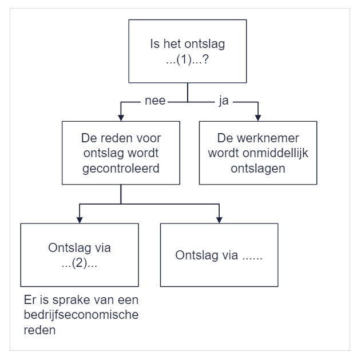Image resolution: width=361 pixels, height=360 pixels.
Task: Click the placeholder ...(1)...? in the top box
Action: point(188,59)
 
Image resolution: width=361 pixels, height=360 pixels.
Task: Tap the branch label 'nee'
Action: point(155,101)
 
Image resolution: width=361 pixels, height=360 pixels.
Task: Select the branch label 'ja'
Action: point(224,101)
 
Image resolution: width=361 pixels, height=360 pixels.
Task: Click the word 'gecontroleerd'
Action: point(121,169)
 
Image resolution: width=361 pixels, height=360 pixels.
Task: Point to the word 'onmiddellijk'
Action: point(275,153)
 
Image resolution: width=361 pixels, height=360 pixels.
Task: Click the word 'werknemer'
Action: point(268,138)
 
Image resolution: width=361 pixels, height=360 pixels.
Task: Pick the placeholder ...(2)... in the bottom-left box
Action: point(80,263)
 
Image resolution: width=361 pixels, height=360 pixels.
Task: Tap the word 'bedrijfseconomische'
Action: point(81,315)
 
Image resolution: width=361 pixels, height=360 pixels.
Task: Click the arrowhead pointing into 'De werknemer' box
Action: point(258,118)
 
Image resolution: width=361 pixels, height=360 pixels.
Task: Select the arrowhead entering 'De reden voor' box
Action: point(121,118)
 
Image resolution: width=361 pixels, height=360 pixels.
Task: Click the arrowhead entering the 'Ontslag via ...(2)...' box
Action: point(80,220)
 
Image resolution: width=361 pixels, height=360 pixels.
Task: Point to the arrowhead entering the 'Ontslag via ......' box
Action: point(219,220)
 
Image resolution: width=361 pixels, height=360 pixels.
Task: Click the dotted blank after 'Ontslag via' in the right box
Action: point(252,258)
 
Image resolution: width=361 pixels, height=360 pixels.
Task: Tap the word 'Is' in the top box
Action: point(154,43)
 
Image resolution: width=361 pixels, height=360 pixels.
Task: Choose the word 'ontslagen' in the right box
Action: point(258,169)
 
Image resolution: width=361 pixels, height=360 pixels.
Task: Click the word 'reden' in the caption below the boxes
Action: point(39,330)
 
